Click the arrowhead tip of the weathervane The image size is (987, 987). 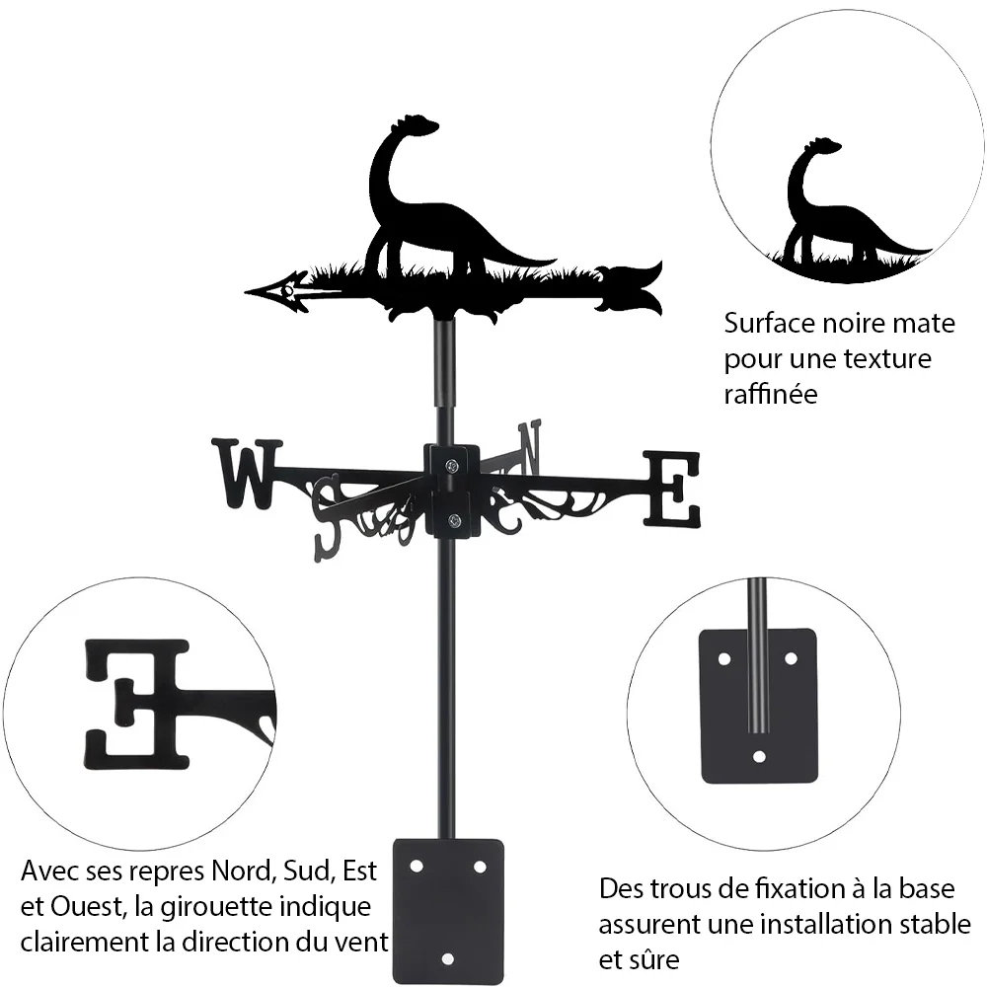[x=246, y=292]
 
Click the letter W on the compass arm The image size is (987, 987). [x=247, y=474]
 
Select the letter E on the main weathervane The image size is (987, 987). [x=671, y=489]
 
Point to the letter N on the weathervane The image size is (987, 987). [x=530, y=448]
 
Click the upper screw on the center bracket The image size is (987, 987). [x=451, y=467]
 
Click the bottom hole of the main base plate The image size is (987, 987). [x=447, y=959]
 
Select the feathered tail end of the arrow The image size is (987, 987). [x=630, y=287]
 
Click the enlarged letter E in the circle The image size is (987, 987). [x=136, y=705]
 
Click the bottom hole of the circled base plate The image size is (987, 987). [x=759, y=757]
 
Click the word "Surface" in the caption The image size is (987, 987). [x=769, y=324]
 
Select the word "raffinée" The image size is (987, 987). [x=771, y=394]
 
